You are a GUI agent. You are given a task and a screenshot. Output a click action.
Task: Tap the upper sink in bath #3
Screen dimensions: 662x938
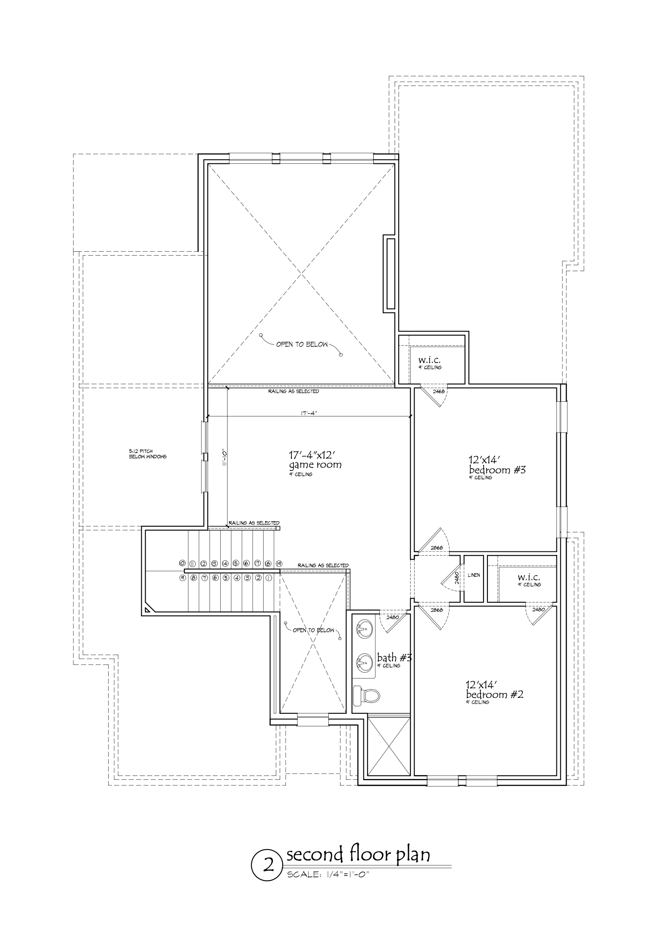[365, 628]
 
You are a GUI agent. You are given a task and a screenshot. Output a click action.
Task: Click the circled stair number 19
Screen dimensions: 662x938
[279, 563]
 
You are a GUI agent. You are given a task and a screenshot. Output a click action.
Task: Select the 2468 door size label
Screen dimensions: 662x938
[438, 391]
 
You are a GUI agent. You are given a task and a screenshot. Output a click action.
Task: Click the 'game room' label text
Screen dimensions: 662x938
[315, 465]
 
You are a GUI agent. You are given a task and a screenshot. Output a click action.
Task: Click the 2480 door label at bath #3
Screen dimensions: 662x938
[393, 617]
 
